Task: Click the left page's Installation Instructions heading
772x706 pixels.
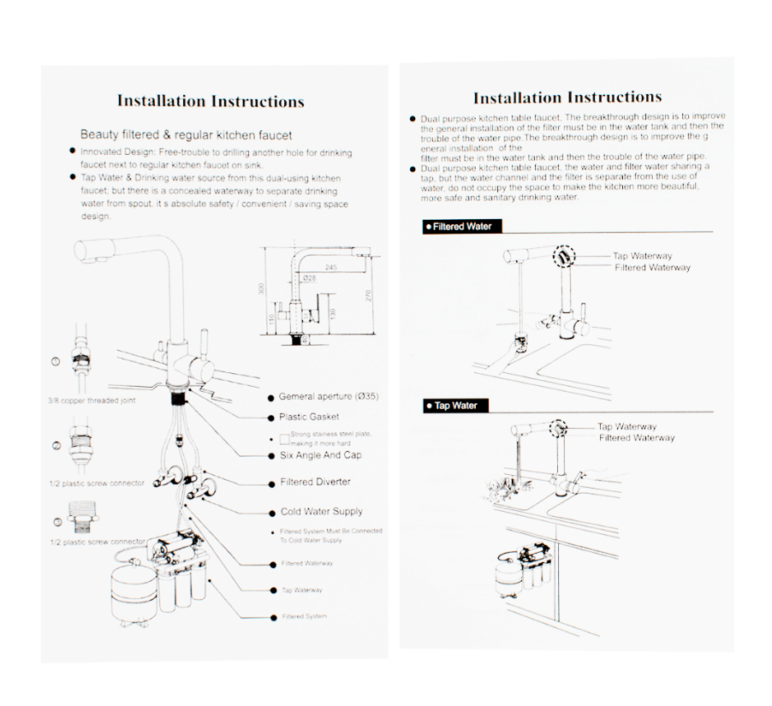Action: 211,101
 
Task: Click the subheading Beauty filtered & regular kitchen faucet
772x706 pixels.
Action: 186,134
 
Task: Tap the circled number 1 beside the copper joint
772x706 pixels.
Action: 56,362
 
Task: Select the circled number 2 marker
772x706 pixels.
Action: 56,446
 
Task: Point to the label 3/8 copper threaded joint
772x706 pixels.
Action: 92,400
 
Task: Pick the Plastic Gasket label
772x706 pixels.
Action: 309,417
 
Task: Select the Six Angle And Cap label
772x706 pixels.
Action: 320,455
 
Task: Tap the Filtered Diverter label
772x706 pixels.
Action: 315,482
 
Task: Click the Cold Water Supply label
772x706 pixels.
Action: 321,512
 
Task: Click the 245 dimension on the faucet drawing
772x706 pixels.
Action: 330,268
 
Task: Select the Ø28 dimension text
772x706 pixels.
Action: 309,277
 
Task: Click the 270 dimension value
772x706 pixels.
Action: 367,295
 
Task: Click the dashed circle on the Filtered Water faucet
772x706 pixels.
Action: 563,256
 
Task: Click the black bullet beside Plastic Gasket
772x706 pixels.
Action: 270,417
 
